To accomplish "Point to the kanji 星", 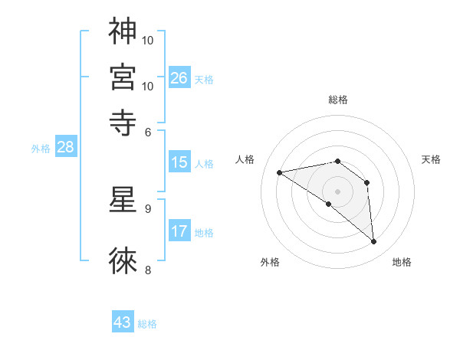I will click(x=123, y=198).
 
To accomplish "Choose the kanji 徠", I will click(x=123, y=260).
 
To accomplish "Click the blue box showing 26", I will click(x=179, y=78).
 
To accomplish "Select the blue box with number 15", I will click(x=179, y=162).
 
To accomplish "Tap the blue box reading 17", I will click(x=179, y=231).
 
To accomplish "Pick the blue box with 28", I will click(x=65, y=148).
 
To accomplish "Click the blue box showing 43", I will click(x=123, y=322).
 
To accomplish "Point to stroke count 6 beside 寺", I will click(x=148, y=132).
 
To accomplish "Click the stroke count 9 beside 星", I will click(x=148, y=208).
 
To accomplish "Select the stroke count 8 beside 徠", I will click(x=148, y=270).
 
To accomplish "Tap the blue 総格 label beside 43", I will click(x=147, y=324).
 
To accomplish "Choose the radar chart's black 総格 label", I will click(x=338, y=100).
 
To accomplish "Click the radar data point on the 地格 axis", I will click(x=374, y=242).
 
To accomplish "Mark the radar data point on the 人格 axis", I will click(x=279, y=173).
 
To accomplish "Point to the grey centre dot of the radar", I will click(x=337, y=191).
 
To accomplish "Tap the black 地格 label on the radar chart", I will click(x=402, y=263).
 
